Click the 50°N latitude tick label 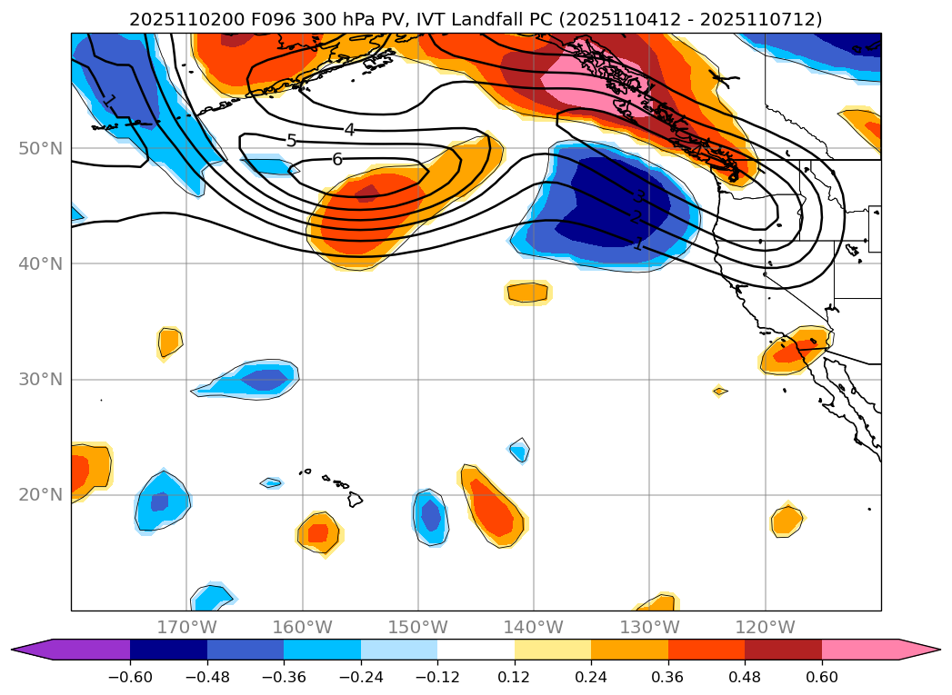click(40, 148)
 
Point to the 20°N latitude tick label click(40, 495)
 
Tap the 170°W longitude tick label click(186, 627)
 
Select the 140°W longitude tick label click(534, 627)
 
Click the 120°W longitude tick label click(765, 627)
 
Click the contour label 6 click(337, 159)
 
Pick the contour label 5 click(291, 141)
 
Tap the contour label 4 click(349, 130)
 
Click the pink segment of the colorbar click(860, 649)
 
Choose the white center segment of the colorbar click(476, 649)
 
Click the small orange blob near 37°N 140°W click(528, 293)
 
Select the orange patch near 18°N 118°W click(787, 521)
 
